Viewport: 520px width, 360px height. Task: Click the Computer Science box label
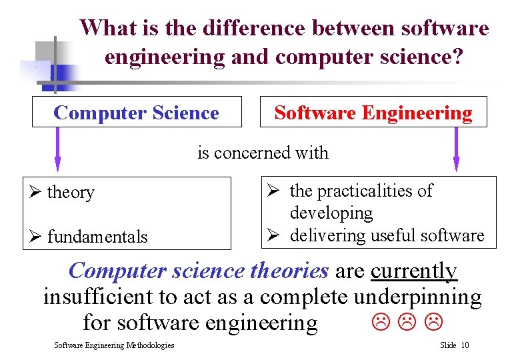pos(136,113)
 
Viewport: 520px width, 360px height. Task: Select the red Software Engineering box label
pos(373,113)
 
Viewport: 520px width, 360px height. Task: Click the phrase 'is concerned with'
pos(263,153)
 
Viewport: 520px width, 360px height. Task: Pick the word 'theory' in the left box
pos(71,193)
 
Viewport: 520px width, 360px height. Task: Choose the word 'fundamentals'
pos(97,237)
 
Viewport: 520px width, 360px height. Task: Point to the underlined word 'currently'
pos(414,271)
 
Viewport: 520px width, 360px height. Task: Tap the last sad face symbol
pos(435,323)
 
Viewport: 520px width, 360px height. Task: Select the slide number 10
pos(465,345)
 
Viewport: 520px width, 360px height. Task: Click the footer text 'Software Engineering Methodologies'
pos(114,345)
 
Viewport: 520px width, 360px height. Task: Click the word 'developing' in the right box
pos(331,213)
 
